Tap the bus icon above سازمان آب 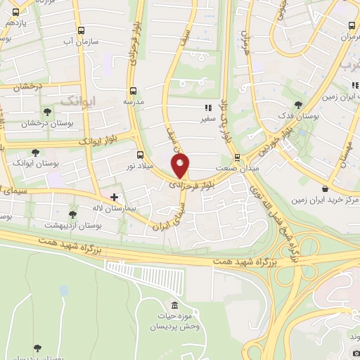(82, 31)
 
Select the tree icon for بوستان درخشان (47, 111)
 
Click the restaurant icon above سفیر (207, 108)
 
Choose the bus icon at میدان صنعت (237, 157)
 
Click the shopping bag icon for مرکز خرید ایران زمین (324, 188)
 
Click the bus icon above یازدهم (20, 10)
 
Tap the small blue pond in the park (64, 290)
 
